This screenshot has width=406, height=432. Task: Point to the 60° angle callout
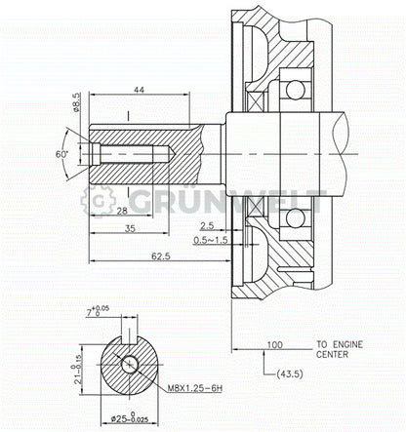[61, 155]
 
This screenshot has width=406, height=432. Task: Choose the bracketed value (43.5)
[290, 374]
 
